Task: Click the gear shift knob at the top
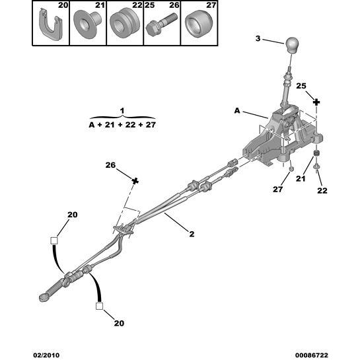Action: [x=292, y=45]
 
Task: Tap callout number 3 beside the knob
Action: [x=258, y=38]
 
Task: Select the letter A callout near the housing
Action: [x=237, y=111]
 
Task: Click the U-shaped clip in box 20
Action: [x=50, y=25]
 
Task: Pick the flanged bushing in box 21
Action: [x=87, y=23]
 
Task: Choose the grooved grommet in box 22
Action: [x=125, y=22]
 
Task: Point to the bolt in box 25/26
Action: [x=161, y=24]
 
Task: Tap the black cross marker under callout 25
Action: [x=316, y=102]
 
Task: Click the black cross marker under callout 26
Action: [x=135, y=181]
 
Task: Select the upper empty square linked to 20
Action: [x=54, y=241]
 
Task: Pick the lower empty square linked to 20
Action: [x=100, y=306]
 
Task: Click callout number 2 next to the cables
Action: [x=192, y=234]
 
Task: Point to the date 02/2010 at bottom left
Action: [x=46, y=355]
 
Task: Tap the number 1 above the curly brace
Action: [x=122, y=111]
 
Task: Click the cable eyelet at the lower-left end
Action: [x=44, y=297]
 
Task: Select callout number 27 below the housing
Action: [x=278, y=190]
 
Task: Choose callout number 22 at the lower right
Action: [x=322, y=190]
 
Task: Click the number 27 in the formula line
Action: [x=151, y=125]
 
